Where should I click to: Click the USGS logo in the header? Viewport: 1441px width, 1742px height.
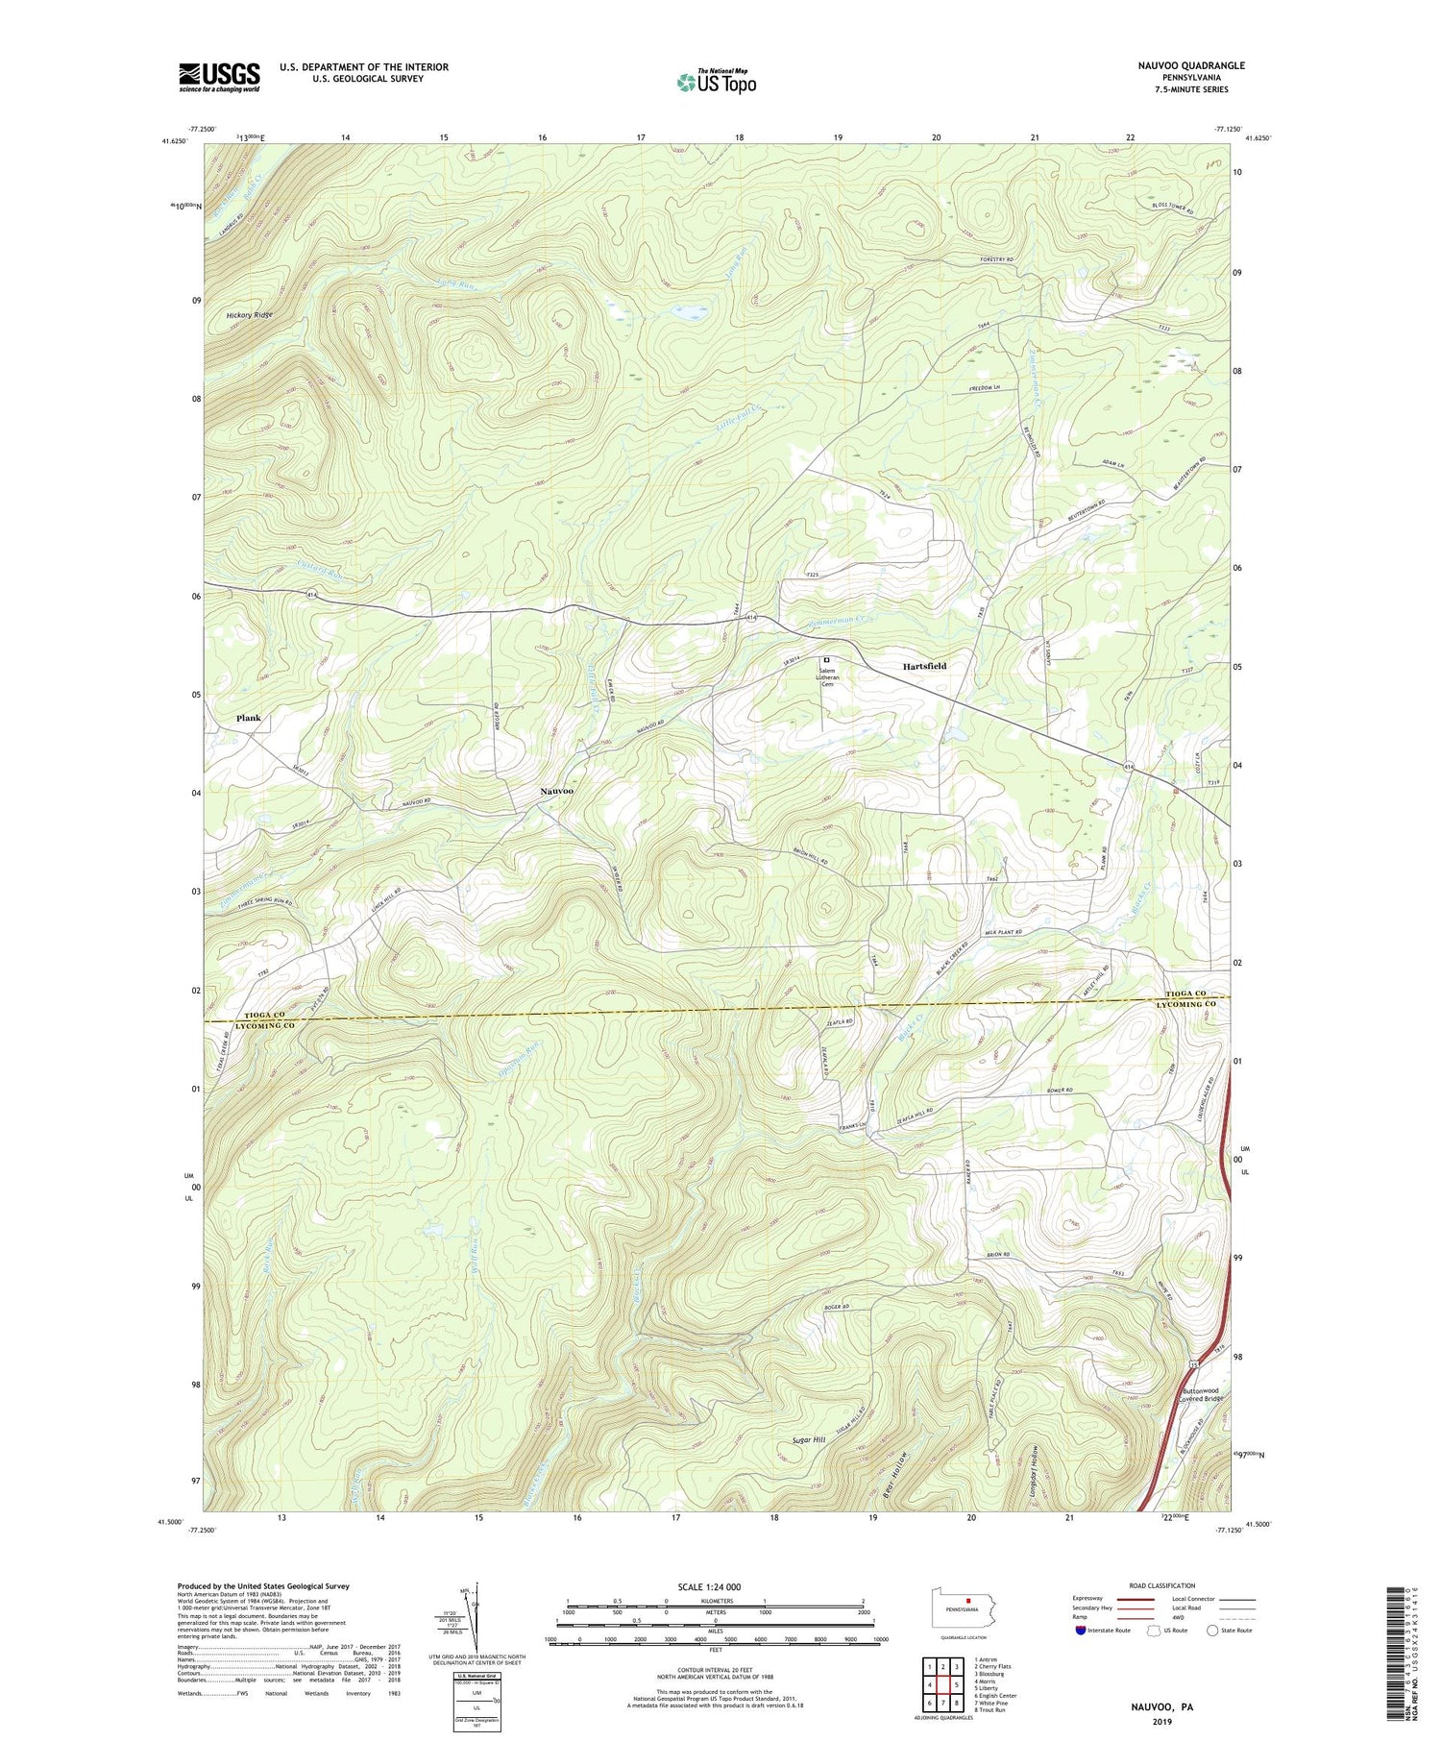(x=219, y=77)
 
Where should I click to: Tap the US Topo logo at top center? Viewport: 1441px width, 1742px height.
(x=715, y=82)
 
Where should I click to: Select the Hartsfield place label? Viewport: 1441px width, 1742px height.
(x=924, y=666)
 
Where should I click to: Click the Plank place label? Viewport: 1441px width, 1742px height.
(x=248, y=718)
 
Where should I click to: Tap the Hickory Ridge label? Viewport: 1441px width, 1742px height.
(x=250, y=315)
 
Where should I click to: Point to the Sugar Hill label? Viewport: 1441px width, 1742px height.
(x=809, y=1440)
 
